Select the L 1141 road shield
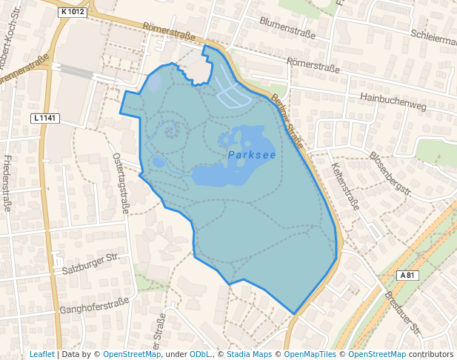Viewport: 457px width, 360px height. coord(45,118)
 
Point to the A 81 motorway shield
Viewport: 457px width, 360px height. coord(407,275)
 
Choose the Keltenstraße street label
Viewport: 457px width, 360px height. coord(346,186)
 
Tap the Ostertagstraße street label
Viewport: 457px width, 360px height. coord(121,184)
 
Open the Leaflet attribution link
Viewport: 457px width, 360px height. coord(41,354)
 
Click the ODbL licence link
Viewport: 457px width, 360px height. coord(200,354)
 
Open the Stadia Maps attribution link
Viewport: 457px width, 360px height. coord(249,354)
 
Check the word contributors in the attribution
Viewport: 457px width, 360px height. coord(431,354)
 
